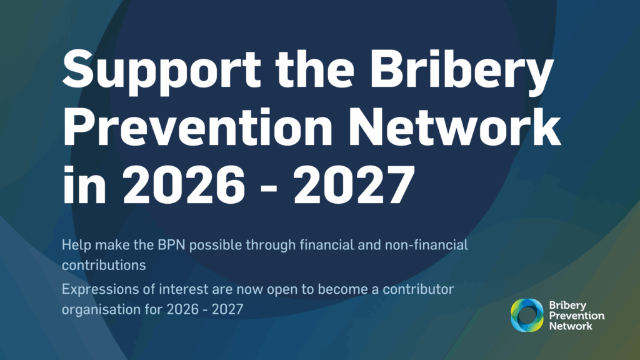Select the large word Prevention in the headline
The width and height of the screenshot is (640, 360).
(x=197, y=127)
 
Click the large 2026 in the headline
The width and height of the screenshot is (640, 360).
(x=184, y=184)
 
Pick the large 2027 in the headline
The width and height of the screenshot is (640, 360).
(x=354, y=184)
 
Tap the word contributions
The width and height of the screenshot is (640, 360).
(x=104, y=265)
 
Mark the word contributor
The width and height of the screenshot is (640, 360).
(x=418, y=289)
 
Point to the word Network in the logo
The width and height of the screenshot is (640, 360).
(x=571, y=326)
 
